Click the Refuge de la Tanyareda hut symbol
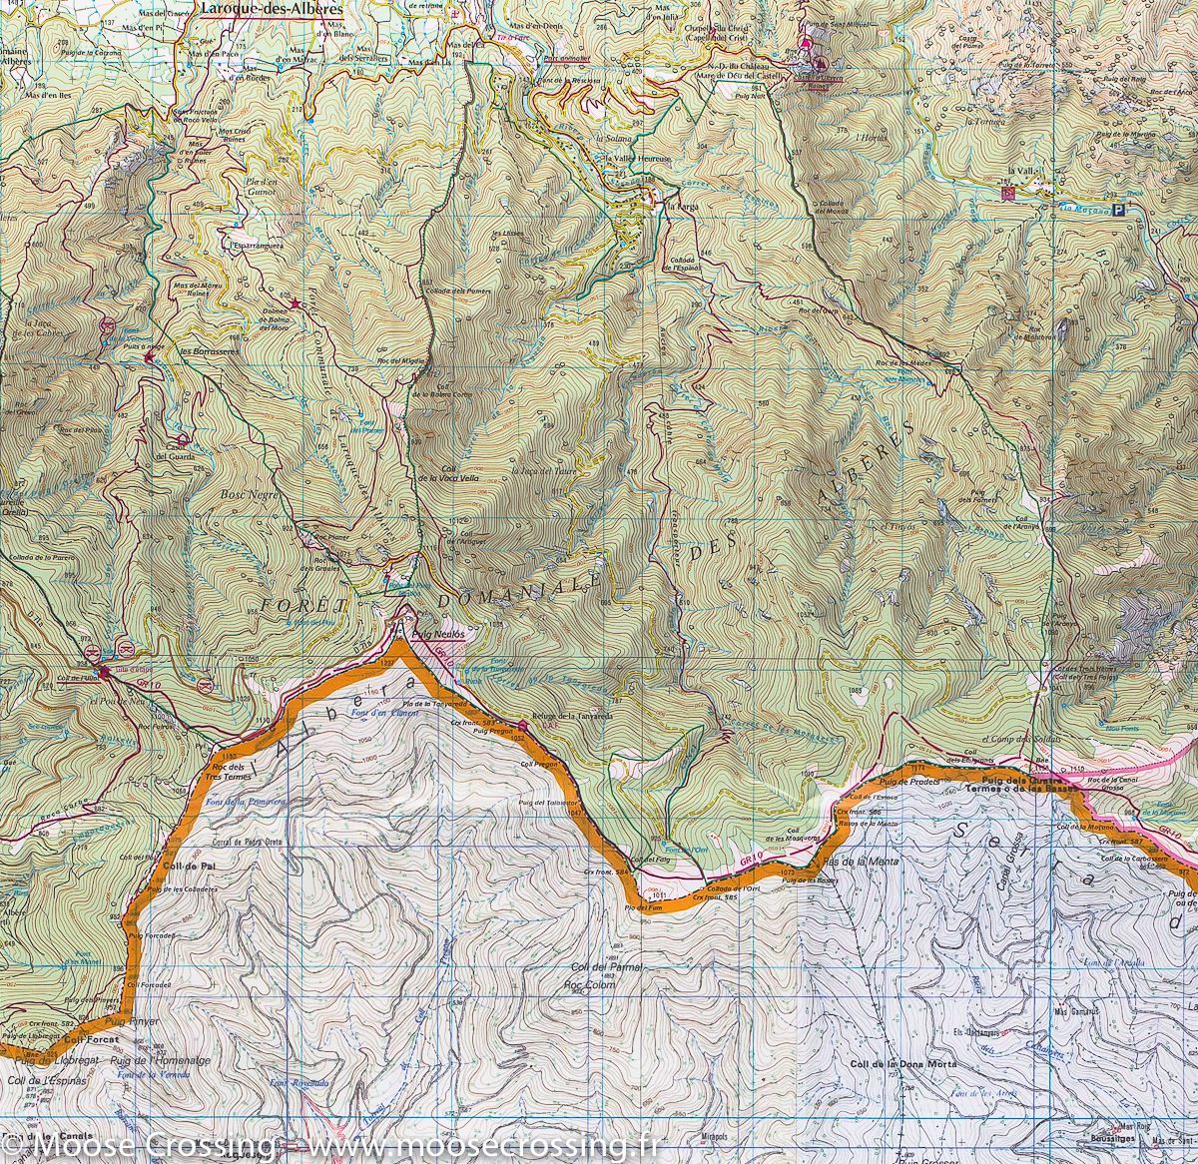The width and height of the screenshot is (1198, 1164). point(522,725)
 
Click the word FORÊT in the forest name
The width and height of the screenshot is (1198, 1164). point(304,606)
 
